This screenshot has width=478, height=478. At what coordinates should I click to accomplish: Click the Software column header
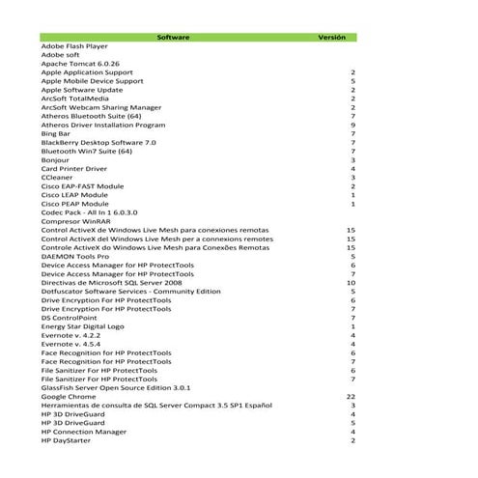(173, 37)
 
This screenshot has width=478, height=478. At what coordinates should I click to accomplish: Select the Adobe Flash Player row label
(74, 45)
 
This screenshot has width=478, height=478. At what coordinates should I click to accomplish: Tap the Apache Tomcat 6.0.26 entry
(79, 63)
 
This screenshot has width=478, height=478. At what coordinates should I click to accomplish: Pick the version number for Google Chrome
(351, 396)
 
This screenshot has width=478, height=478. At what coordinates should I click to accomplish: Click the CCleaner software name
(58, 177)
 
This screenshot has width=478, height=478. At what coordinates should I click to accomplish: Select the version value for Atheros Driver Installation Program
(353, 125)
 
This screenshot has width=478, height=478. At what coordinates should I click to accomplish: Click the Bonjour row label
(56, 159)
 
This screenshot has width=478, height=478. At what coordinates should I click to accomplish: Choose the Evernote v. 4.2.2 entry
(73, 335)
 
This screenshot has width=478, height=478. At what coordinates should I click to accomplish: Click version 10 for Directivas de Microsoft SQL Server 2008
(351, 282)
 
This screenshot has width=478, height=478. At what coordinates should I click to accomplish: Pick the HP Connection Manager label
(84, 432)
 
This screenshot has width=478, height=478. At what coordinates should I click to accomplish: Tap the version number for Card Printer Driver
(353, 168)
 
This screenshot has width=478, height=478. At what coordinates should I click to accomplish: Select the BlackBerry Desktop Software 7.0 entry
(98, 142)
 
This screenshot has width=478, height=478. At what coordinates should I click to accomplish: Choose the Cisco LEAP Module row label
(74, 194)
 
